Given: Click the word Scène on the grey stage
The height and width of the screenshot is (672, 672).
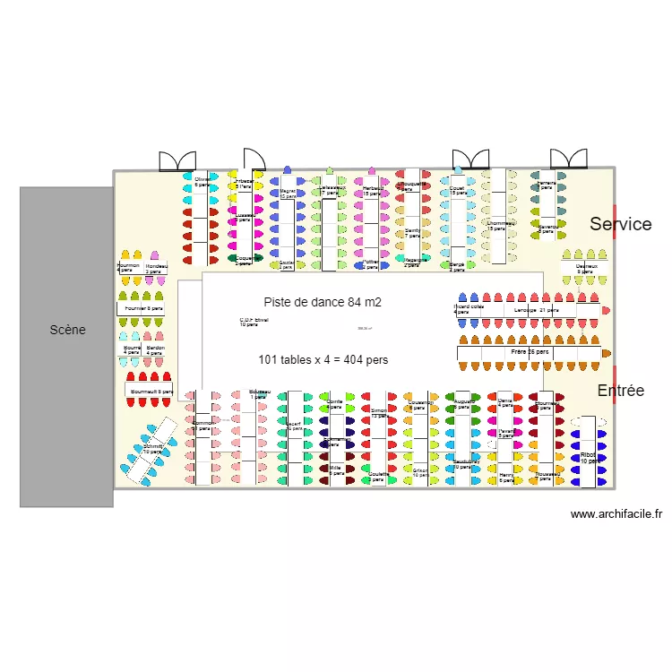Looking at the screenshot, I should [67, 330].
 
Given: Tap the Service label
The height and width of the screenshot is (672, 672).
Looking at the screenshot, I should [620, 224].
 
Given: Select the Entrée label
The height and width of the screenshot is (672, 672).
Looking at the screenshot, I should [620, 391].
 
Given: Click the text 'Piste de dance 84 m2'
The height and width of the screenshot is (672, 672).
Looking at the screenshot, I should [323, 303].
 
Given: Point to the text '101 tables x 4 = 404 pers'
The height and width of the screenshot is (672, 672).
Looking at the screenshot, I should [323, 359].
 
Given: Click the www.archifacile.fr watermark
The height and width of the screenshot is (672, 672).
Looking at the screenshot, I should [616, 514].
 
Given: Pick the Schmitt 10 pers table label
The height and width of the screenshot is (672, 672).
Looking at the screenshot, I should [151, 449].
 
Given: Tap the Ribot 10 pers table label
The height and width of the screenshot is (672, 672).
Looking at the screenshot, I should [589, 458].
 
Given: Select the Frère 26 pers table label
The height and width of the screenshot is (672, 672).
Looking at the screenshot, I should [530, 353].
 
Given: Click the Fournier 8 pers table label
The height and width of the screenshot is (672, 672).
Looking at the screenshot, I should [144, 309].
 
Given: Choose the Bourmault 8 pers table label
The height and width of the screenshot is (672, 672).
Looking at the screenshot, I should [151, 392].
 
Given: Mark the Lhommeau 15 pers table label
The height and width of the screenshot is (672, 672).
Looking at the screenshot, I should [500, 226].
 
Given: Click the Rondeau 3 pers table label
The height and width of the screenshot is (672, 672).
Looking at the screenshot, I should [157, 268].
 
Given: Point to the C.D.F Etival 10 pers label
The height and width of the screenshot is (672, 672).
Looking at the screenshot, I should [254, 322].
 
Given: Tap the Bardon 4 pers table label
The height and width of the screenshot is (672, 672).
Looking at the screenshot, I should [155, 349].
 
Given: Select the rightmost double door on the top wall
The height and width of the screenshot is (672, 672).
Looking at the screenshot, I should [568, 159].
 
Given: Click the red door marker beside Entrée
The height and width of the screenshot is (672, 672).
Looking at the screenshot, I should [616, 380].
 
